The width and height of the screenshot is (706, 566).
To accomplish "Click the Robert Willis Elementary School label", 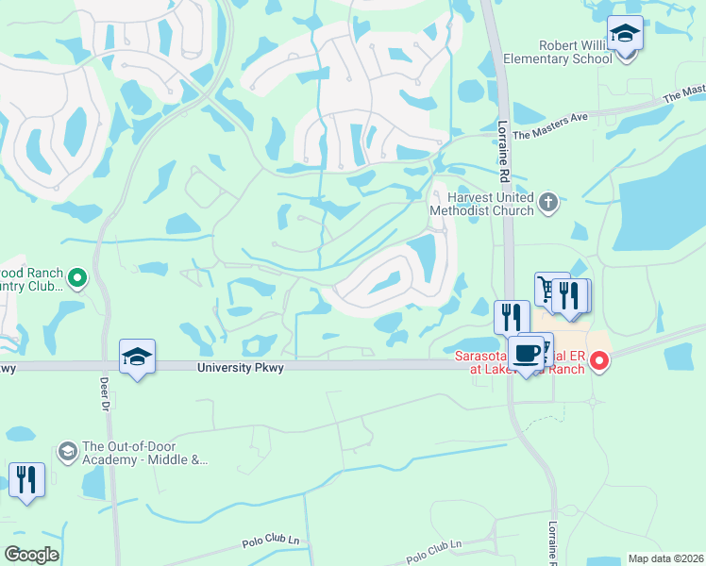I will point(575,51).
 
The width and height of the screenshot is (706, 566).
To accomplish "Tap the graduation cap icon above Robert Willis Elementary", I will point(624,34).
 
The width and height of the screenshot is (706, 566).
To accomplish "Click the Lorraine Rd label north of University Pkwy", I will point(503,152).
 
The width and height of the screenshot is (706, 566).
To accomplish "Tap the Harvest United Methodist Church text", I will point(481,203).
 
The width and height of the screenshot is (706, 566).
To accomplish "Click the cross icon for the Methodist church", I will point(548,201).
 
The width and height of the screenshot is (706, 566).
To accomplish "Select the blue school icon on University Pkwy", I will point(138,357).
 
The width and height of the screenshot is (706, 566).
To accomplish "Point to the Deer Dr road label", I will point(104,394).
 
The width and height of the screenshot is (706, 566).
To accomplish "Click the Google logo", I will point(31,555).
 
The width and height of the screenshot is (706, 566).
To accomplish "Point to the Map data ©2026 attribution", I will point(664,558).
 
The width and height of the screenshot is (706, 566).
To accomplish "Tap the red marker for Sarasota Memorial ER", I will point(598,360).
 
